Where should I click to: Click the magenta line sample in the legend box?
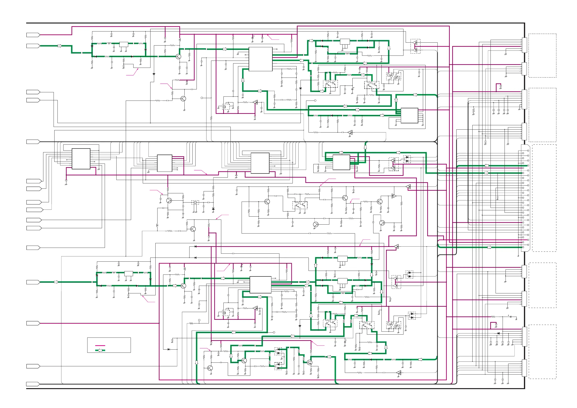coord(100,346)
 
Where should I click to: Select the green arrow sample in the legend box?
coord(100,350)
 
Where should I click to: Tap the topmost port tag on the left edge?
coord(33,35)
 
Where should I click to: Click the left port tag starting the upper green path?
coord(33,46)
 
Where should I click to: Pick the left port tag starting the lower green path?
coord(33,282)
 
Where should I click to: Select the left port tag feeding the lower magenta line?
coord(33,323)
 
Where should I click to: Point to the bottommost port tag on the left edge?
coord(33,384)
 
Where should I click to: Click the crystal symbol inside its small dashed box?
coord(195,202)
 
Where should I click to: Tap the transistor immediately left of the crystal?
coord(169,200)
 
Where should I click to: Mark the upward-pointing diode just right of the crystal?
coord(213,209)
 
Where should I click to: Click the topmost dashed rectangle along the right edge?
coord(542,55)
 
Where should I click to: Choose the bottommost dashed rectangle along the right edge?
coord(542,352)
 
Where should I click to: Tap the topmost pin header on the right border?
coord(524,45)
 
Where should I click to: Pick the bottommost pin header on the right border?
coord(524,368)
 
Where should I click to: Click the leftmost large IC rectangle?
coord(81,158)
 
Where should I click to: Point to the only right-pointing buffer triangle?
coord(394,196)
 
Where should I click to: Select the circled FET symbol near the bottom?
coord(309,362)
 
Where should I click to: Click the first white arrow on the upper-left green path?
coord(60,46)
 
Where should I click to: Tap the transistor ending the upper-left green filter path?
coord(178,56)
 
